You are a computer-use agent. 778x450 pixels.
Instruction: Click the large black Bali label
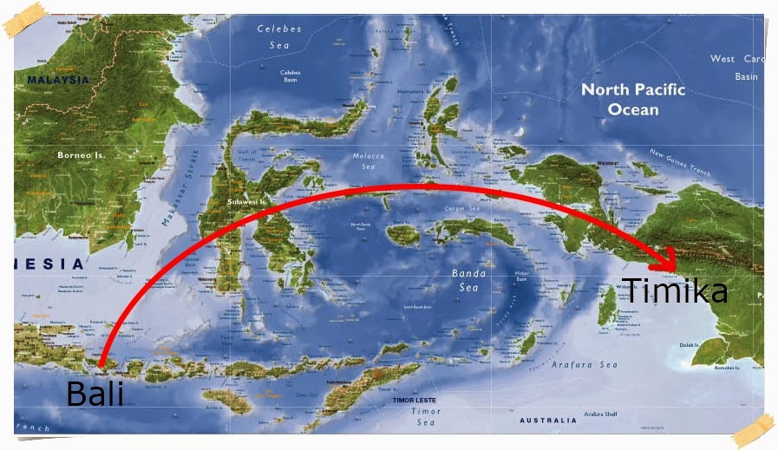[x=95, y=394]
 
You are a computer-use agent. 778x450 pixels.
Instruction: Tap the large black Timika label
[x=675, y=291]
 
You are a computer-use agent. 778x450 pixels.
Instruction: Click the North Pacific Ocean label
[x=632, y=100]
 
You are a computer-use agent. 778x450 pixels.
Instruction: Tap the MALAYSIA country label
[x=58, y=80]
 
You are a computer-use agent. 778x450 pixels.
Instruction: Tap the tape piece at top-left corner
[x=24, y=19]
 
